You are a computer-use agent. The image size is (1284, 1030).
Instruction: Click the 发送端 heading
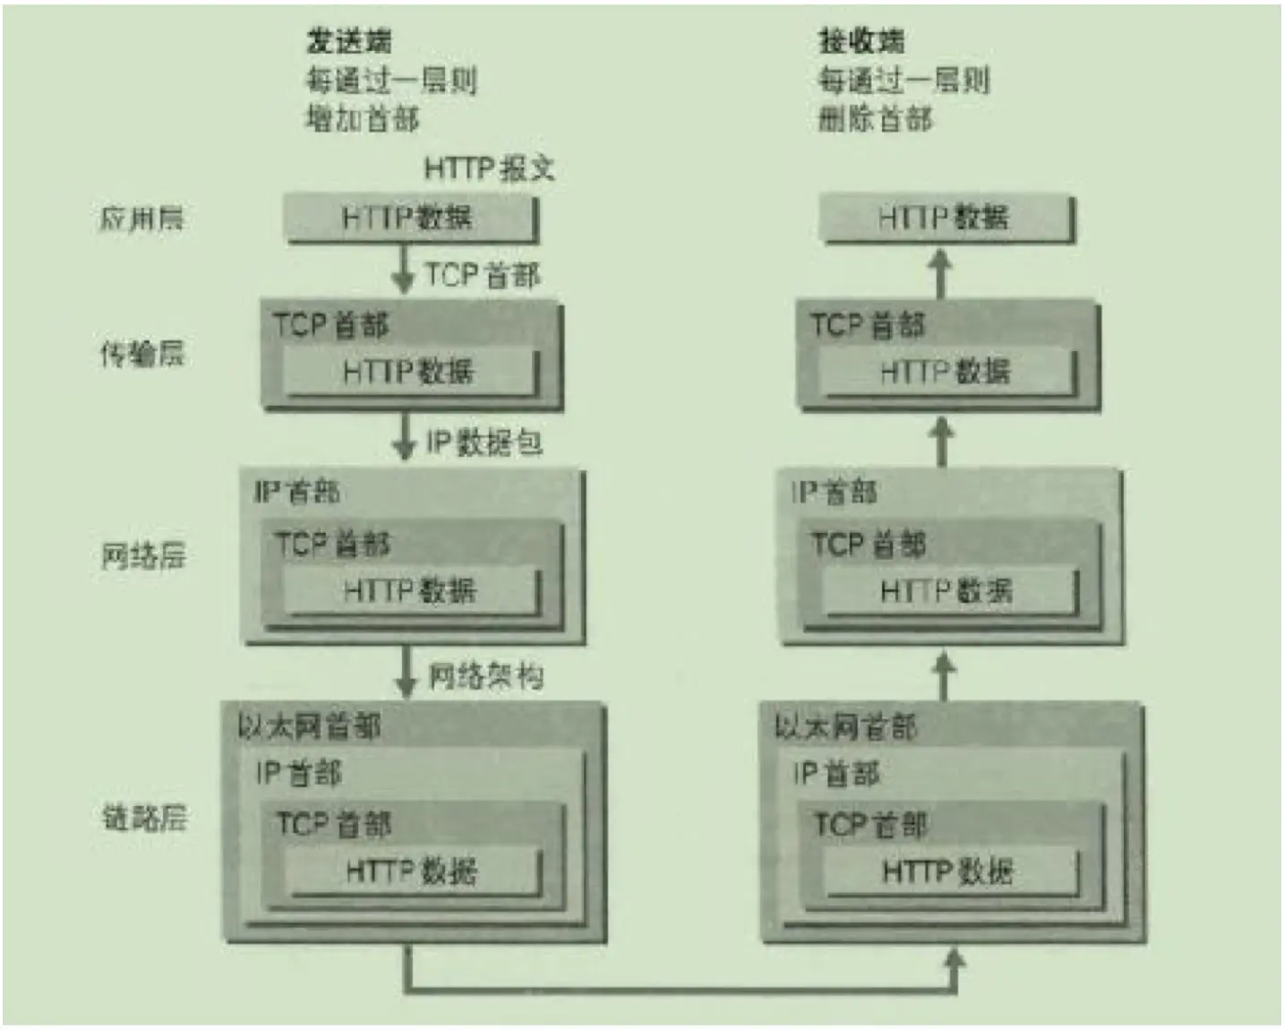[x=348, y=40]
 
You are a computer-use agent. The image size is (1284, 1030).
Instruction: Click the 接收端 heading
[x=860, y=40]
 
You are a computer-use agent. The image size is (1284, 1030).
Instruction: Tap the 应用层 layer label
[x=141, y=219]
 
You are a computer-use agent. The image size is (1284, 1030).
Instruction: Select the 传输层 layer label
[x=141, y=355]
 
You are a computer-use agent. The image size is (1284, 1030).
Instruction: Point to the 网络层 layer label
[x=143, y=556]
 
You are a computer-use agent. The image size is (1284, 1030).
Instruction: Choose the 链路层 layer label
[x=144, y=817]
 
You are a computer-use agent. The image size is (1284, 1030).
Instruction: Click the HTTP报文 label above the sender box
[x=489, y=168]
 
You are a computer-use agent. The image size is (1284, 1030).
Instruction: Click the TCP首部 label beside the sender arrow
[x=483, y=275]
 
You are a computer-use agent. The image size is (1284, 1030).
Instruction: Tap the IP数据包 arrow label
[x=484, y=442]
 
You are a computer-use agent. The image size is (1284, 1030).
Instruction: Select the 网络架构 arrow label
[x=485, y=675]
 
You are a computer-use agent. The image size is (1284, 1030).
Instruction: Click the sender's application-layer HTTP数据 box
[x=410, y=219]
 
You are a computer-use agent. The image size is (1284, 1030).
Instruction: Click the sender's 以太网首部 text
[x=309, y=725]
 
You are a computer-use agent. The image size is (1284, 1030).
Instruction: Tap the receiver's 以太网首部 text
[x=845, y=726]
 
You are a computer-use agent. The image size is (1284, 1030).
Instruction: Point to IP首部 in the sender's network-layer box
[x=296, y=492]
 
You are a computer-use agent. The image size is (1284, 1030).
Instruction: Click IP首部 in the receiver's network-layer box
[x=834, y=492]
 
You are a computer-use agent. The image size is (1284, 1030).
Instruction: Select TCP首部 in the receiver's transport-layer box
[x=868, y=325]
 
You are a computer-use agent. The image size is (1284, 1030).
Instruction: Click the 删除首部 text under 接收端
[x=875, y=118]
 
